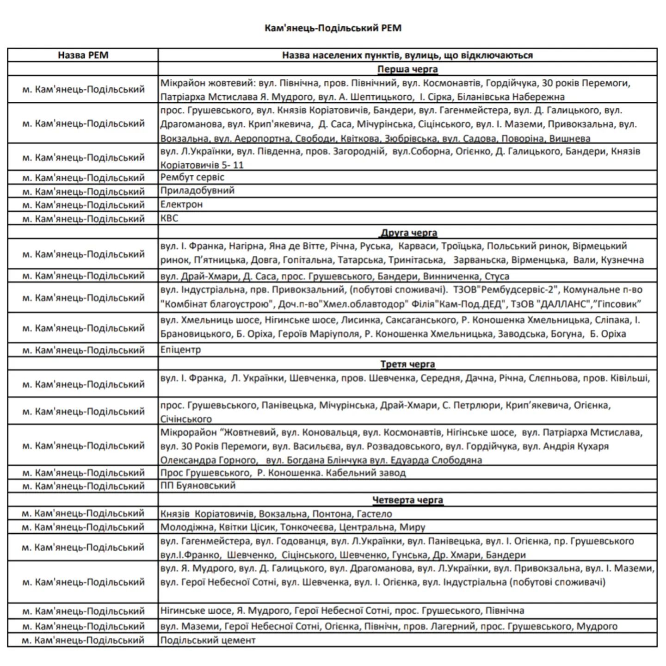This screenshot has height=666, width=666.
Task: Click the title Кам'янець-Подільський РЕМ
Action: (333, 28)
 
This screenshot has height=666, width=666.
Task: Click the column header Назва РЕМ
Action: (83, 55)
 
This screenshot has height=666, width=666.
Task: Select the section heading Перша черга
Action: (407, 69)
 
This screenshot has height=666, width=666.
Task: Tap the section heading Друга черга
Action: (409, 233)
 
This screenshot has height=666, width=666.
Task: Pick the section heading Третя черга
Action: (407, 364)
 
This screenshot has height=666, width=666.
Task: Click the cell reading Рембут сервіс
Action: (192, 177)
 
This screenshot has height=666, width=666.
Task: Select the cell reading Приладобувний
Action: (197, 191)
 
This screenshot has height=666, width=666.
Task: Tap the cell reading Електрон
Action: (181, 204)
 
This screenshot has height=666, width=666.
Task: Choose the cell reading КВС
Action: (169, 218)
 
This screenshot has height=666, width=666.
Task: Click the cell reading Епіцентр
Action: (180, 350)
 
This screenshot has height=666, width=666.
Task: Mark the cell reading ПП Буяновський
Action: (197, 486)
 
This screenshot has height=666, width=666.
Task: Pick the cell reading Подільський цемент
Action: (208, 641)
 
